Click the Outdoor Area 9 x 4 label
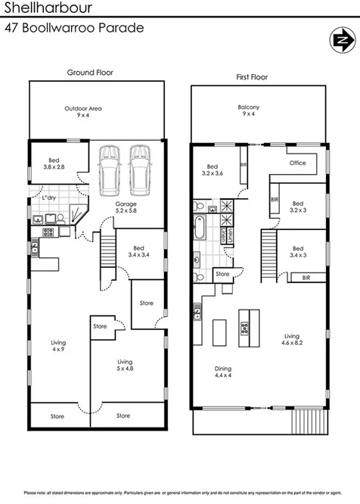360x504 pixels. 83,113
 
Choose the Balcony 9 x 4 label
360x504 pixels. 250,111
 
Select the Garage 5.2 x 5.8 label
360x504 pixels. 126,209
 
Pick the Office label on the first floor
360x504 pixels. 297,163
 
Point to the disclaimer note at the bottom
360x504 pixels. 180,493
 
